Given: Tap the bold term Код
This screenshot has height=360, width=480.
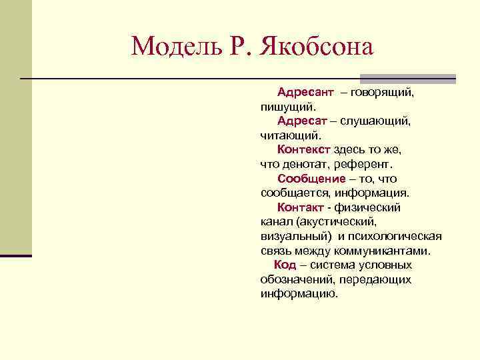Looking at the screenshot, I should coord(285,265).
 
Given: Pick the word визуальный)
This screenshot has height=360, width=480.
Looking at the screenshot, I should coord(294,237).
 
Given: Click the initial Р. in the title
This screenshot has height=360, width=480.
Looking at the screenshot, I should coord(240,46).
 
